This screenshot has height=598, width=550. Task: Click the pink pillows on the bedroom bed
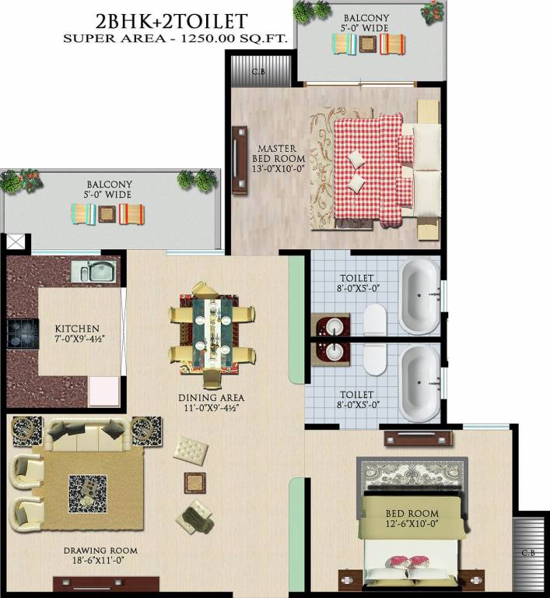click(408, 562)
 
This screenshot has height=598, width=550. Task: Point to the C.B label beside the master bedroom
click(261, 72)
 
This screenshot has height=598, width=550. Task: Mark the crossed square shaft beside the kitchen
click(15, 241)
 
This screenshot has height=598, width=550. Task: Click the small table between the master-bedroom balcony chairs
click(369, 44)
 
